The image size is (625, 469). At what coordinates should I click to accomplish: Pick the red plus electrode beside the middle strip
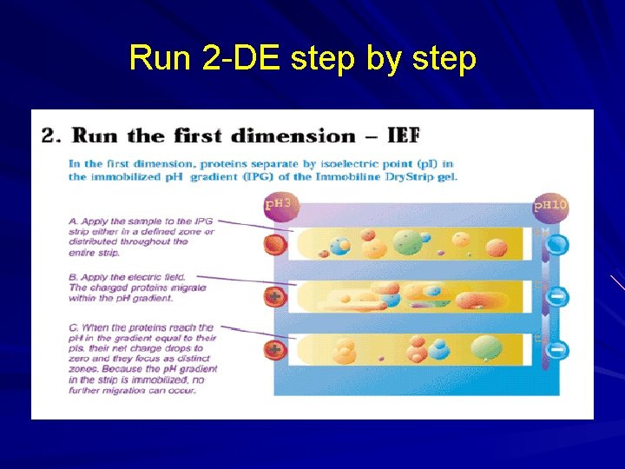(274, 296)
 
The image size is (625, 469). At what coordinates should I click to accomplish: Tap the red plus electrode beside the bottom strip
(274, 349)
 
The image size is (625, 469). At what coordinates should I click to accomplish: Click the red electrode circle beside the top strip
(274, 245)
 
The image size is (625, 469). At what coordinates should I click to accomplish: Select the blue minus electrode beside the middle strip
(558, 296)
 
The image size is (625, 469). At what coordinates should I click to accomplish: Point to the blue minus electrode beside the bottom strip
(558, 349)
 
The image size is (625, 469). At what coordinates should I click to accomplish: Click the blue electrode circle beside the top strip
(558, 245)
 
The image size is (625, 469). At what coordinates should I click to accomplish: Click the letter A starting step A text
(73, 221)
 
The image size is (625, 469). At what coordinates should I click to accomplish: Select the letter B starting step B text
(73, 277)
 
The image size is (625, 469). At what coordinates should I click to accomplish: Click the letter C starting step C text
(73, 327)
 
